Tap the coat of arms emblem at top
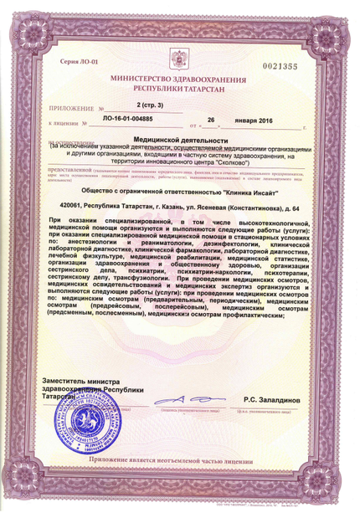(x=180, y=58)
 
